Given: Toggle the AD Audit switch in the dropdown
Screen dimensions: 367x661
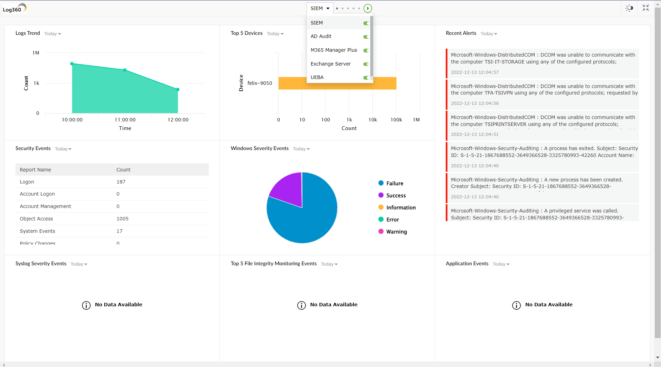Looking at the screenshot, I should (x=366, y=37).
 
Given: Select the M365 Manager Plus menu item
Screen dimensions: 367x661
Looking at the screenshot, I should (x=333, y=50).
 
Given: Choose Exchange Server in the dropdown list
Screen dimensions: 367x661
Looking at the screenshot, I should (x=330, y=64).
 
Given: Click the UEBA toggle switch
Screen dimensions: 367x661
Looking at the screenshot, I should (x=366, y=78).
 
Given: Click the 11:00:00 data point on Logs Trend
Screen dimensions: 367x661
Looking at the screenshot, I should (x=125, y=70).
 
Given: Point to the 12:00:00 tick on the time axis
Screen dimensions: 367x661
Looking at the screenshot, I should (x=178, y=120).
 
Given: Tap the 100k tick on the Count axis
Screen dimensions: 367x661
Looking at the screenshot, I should (x=396, y=120).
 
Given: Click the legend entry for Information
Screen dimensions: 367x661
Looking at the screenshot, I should (x=401, y=208).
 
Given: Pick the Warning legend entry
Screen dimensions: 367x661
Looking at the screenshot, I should (x=396, y=232).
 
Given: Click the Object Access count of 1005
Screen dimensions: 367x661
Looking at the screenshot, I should (x=122, y=219).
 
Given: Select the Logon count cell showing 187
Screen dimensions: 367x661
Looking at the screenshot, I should (x=121, y=182).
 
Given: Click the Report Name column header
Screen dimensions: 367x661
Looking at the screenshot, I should (x=35, y=170).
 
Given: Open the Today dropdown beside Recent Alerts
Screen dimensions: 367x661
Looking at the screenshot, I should (x=489, y=34).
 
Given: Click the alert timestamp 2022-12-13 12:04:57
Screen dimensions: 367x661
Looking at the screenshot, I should (x=475, y=72).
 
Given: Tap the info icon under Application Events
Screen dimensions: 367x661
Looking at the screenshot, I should (x=516, y=305).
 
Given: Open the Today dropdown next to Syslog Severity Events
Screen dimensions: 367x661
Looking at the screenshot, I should (x=79, y=264).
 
